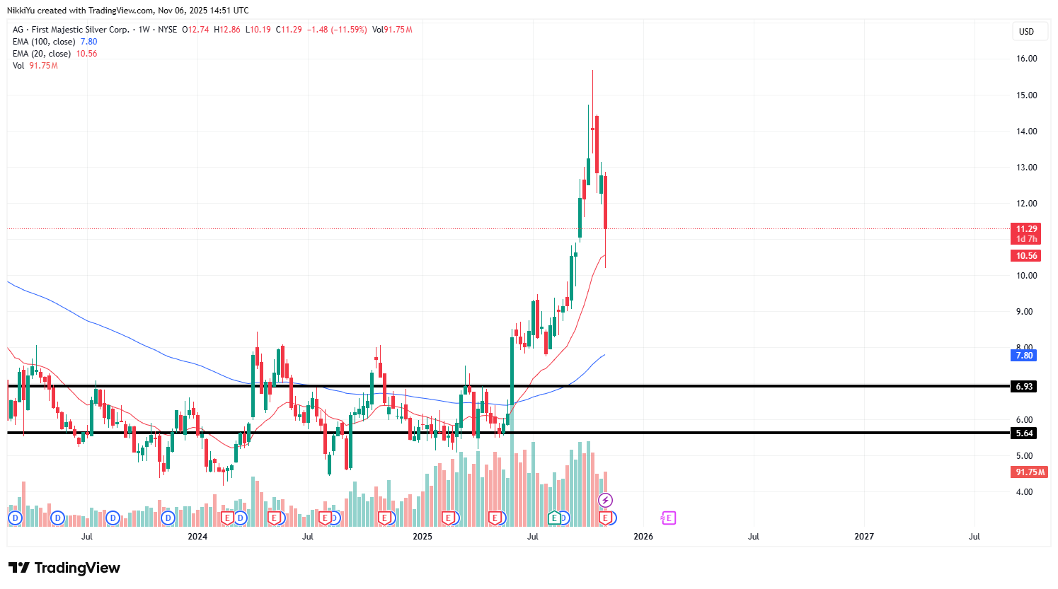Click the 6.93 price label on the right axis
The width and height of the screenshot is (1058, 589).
tap(1024, 387)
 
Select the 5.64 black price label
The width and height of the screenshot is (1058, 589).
tap(1024, 433)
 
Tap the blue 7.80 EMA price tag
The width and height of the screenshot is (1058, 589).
tap(1024, 356)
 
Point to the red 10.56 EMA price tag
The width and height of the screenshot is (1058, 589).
tap(1026, 256)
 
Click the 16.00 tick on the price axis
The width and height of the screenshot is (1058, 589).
tap(1026, 59)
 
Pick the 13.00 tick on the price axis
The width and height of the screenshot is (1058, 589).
tap(1026, 168)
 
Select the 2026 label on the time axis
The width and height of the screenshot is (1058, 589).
tap(643, 537)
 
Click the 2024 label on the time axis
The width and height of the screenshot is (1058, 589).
tap(197, 537)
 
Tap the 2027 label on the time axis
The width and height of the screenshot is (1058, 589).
tap(863, 537)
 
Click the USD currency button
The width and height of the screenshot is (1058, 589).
tap(1026, 32)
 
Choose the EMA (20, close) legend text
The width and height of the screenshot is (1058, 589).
tap(42, 54)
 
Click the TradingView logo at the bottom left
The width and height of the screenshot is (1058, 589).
tap(64, 568)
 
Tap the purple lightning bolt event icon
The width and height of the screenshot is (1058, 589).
tap(605, 501)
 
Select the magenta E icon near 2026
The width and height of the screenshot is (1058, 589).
tap(668, 518)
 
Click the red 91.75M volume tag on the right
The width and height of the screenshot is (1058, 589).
tap(1030, 472)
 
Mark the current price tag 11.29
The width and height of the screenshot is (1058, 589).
tap(1026, 229)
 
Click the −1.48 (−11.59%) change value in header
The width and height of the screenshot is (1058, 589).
tap(337, 30)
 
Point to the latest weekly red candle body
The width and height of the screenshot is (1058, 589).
tap(605, 202)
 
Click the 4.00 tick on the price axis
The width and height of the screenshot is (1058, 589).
tap(1026, 492)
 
